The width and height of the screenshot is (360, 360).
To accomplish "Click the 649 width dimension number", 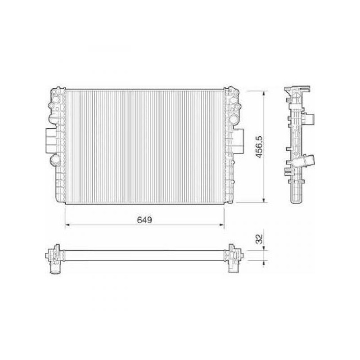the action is click(x=144, y=220).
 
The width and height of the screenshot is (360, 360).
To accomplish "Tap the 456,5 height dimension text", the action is click(x=259, y=147).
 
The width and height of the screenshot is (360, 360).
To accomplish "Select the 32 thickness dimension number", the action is click(x=259, y=239).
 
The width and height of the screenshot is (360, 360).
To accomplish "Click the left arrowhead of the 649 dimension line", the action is click(x=67, y=225).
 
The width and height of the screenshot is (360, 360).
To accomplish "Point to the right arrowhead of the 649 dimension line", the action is click(x=222, y=225).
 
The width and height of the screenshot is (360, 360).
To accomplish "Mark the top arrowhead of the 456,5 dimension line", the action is click(x=264, y=94).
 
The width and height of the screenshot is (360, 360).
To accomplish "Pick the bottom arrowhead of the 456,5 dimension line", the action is click(x=264, y=200).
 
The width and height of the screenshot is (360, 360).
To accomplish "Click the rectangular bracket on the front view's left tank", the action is click(x=51, y=140).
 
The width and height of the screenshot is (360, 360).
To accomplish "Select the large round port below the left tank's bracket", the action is click(x=54, y=160).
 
